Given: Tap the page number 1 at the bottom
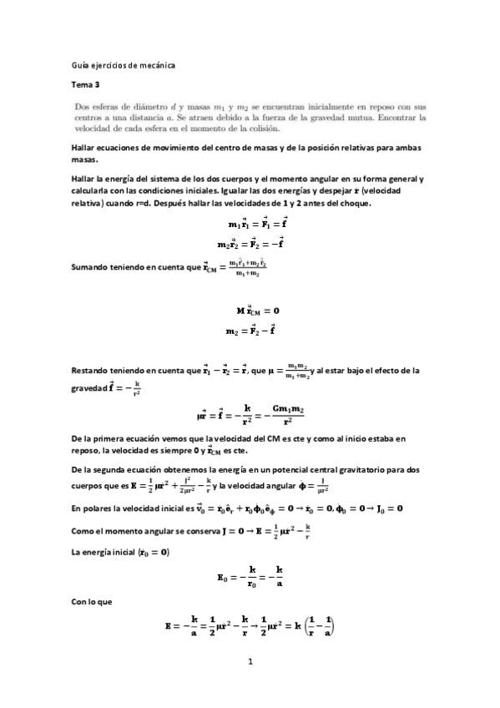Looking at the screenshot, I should pyautogui.click(x=250, y=662).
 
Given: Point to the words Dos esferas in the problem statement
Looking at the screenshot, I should pyautogui.click(x=94, y=106).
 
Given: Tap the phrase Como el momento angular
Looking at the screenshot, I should pyautogui.click(x=124, y=528).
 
